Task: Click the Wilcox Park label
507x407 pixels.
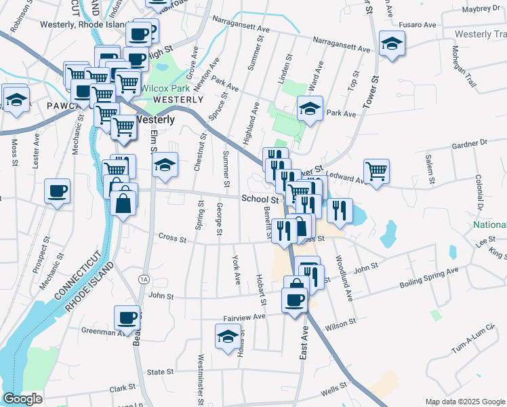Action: (165, 88)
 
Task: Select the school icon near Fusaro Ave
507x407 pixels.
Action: (392, 44)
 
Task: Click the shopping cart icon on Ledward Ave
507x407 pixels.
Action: (376, 171)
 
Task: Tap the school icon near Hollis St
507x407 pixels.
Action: (228, 336)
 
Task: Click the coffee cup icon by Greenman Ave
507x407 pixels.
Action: (127, 317)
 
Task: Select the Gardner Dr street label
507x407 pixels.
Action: (469, 143)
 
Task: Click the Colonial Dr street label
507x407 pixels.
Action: (479, 191)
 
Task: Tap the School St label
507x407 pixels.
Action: (260, 199)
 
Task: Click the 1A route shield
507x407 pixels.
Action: (143, 279)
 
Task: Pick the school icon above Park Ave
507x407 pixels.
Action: (310, 109)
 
